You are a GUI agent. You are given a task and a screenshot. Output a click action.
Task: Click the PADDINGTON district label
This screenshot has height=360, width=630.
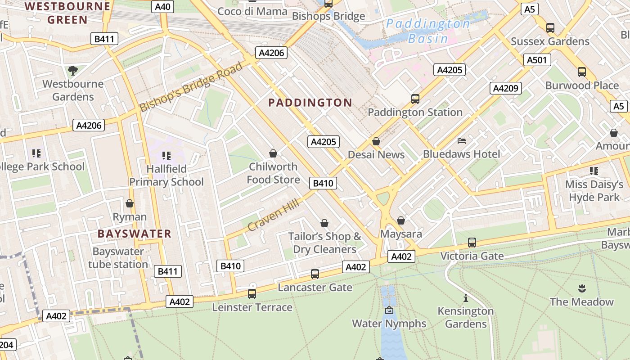click(x=310, y=103)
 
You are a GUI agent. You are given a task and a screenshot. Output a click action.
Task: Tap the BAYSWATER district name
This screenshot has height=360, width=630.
click(x=135, y=234)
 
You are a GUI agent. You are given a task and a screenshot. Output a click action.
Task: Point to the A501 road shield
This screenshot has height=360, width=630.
click(x=537, y=60)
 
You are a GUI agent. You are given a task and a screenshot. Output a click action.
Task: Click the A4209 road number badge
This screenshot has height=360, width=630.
click(x=505, y=88)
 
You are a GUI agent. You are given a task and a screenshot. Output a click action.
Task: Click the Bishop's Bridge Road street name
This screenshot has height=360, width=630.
click(x=191, y=87)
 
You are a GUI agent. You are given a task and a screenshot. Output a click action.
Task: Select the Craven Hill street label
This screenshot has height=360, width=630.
click(x=273, y=216)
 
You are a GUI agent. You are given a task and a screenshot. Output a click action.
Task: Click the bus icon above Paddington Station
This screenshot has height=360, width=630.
click(x=415, y=99)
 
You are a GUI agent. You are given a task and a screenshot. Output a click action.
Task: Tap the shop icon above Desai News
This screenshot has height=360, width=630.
click(x=376, y=141)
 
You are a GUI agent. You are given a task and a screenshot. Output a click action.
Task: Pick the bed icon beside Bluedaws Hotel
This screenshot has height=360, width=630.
click(x=462, y=141)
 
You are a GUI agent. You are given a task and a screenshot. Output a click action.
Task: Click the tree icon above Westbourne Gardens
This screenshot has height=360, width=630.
click(x=72, y=70)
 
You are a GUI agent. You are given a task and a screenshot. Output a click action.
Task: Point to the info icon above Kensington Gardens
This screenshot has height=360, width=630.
click(x=465, y=298)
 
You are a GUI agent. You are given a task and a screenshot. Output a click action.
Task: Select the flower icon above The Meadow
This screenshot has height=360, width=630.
click(x=581, y=288)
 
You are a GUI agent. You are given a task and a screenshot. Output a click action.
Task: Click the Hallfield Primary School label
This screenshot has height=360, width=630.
click(x=166, y=175)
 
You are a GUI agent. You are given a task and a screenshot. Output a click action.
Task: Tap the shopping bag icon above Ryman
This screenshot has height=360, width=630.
click(x=130, y=203)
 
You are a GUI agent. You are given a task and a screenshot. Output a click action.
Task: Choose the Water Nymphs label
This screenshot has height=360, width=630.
click(x=389, y=324)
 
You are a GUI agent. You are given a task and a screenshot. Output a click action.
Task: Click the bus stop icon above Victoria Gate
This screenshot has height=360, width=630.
click(x=472, y=243)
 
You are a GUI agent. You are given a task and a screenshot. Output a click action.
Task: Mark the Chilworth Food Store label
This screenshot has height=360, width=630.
click(x=273, y=173)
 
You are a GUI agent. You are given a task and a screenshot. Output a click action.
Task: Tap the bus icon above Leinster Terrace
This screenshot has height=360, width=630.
click(x=252, y=294)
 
